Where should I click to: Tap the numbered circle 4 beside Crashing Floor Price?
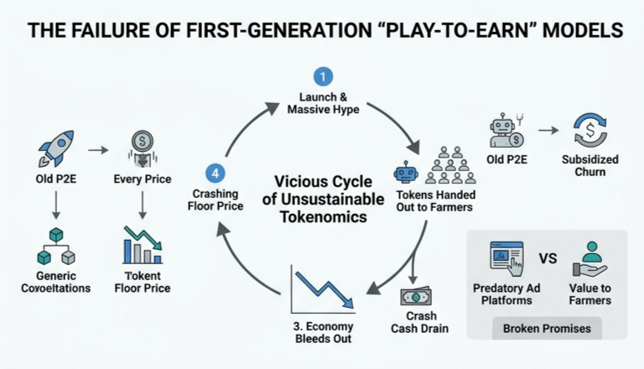[216, 173]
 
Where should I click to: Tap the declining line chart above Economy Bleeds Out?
[323, 289]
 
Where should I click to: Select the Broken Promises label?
[547, 329]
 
